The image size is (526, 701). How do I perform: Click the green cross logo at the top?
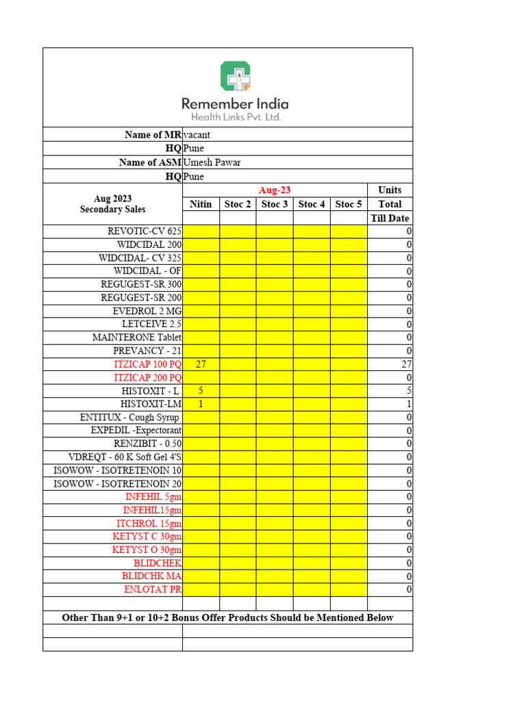235,76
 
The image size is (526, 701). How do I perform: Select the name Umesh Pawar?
212,162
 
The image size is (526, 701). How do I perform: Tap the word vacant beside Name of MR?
197,135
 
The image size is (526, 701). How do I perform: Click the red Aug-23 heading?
275,190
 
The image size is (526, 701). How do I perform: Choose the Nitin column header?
201,204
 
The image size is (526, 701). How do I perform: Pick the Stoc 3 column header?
275,204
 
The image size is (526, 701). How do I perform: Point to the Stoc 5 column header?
349,204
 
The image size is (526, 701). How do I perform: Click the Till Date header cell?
390,218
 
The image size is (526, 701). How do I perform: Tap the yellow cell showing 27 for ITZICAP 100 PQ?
201,364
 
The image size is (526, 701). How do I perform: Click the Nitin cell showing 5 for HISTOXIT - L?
201,390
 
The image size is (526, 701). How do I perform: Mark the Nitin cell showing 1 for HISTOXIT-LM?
201,404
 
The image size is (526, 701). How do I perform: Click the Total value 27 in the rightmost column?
405,364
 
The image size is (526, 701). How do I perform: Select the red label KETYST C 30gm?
147,536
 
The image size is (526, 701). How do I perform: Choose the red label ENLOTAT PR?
153,589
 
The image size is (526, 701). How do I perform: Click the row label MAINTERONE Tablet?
137,337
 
